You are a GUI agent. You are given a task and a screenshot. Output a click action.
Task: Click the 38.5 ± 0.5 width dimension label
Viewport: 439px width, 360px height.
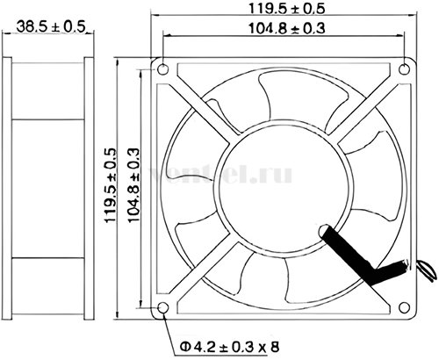[x=50, y=26]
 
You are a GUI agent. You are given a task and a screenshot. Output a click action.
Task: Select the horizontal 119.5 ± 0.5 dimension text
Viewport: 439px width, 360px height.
[x=287, y=9]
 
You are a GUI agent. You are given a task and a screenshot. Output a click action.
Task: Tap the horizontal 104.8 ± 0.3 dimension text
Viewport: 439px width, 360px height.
[x=287, y=29]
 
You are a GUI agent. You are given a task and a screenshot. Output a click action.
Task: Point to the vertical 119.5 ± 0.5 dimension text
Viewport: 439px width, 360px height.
[x=112, y=185]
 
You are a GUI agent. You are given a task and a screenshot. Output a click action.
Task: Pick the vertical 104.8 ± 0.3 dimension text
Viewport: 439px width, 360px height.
[x=134, y=185]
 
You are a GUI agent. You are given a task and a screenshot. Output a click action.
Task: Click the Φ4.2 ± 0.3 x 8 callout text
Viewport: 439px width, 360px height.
[x=230, y=348]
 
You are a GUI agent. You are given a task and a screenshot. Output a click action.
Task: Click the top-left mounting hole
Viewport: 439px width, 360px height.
[x=163, y=69]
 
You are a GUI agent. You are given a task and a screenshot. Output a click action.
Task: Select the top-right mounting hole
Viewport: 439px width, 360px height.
[x=405, y=69]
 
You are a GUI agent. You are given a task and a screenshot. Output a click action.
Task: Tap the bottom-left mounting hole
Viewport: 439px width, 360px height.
[x=163, y=307]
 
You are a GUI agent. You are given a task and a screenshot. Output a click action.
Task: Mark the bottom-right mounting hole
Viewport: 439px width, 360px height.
[x=405, y=307]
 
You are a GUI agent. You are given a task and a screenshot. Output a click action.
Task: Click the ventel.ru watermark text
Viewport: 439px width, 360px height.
[x=221, y=175]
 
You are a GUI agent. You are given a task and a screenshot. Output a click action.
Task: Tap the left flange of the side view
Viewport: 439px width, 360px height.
[x=7, y=188]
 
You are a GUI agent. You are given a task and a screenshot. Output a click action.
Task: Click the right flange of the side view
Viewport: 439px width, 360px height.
[x=89, y=188]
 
